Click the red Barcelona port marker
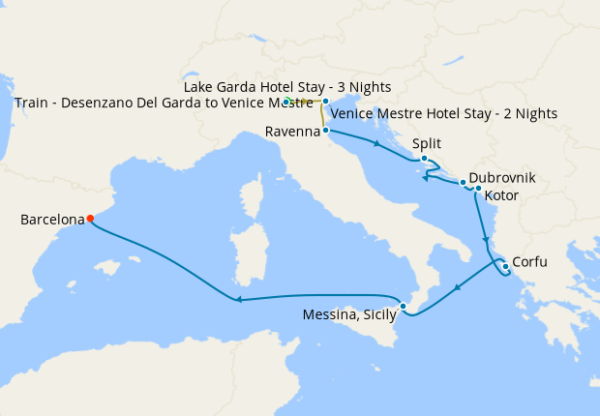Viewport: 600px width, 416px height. pos(90,219)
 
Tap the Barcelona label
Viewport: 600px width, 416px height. pos(52,221)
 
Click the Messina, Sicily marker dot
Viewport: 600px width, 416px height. pos(404,309)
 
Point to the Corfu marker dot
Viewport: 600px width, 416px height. pos(504,264)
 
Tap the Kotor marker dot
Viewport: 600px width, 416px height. pos(478,188)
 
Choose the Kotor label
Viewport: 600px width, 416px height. pos(503,195)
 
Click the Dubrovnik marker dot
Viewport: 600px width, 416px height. pos(464,183)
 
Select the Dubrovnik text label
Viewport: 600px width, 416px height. pos(501,179)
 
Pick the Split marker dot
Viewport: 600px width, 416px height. pos(424,159)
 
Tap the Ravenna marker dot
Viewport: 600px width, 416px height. pos(326,130)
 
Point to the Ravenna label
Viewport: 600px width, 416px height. pos(291,133)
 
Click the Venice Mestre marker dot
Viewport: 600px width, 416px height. pos(326,101)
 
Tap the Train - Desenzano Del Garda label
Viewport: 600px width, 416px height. pos(164,102)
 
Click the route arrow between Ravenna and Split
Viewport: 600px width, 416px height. pos(375,144)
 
